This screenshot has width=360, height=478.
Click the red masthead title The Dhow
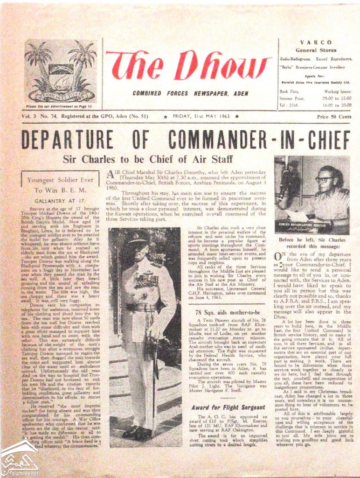188,66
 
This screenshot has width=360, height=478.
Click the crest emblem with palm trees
61,70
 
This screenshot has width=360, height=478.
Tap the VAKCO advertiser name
316,42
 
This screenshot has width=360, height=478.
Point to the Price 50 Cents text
333,117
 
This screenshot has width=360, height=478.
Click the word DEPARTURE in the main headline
67,140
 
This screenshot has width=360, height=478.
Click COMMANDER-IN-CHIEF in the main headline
259,140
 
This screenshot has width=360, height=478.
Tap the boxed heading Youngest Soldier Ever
60,180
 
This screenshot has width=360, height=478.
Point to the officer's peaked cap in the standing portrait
137,237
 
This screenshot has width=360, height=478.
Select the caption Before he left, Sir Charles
312,240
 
